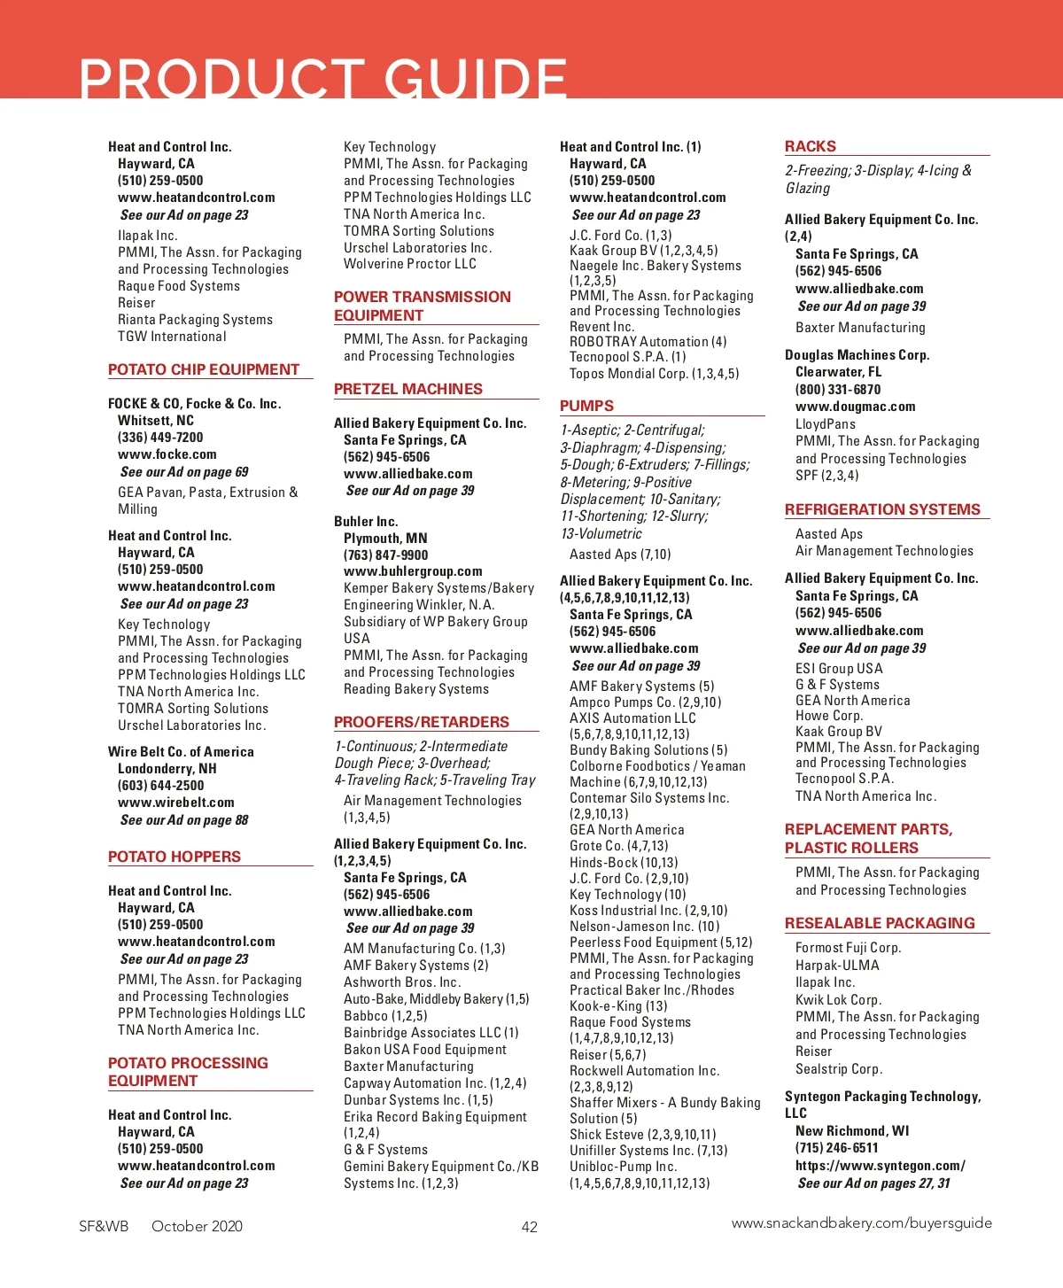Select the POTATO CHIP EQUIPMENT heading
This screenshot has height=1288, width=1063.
204,369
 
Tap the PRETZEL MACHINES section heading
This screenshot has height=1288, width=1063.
408,389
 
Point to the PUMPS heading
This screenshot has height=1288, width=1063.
586,406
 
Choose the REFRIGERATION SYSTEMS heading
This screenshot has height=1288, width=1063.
882,509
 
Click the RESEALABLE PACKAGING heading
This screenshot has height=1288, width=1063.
880,923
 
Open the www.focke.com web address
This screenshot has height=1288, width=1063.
167,454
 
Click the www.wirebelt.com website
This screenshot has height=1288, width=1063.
176,803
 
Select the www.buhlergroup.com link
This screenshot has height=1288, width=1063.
413,571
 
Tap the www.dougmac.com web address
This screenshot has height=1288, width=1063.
855,407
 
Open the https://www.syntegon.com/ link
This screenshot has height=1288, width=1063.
880,1166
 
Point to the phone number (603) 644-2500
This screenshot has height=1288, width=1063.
160,786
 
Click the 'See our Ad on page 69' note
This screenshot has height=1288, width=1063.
184,472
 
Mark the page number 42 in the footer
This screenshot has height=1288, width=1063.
530,1227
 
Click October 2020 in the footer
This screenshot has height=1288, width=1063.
197,1227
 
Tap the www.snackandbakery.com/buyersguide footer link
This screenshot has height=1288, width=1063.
861,1223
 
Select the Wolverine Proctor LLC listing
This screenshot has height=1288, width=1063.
410,264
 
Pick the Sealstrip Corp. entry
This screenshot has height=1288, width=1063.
839,1069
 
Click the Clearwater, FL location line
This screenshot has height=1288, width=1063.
838,372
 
